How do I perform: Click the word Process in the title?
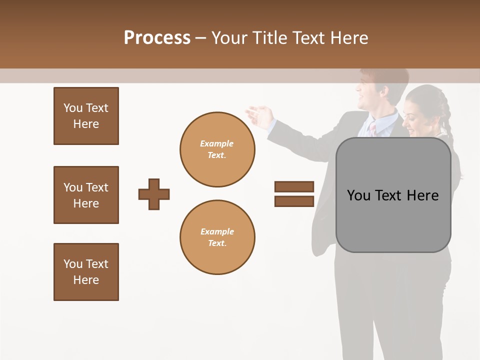coord(157,38)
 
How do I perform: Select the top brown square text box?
coord(86,116)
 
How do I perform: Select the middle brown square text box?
coord(86,195)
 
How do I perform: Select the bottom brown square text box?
coord(86,272)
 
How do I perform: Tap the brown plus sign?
coord(154,194)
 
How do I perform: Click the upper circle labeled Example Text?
coord(217,149)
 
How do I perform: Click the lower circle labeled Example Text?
coord(217,237)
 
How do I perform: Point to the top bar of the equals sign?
coord(294,187)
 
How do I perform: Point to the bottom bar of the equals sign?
coord(294,201)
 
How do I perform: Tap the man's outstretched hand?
coord(259,116)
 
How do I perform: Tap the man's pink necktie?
coord(373,129)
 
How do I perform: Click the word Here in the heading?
coord(348,38)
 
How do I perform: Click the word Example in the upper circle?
coord(217,143)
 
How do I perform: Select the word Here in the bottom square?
coord(86,280)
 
